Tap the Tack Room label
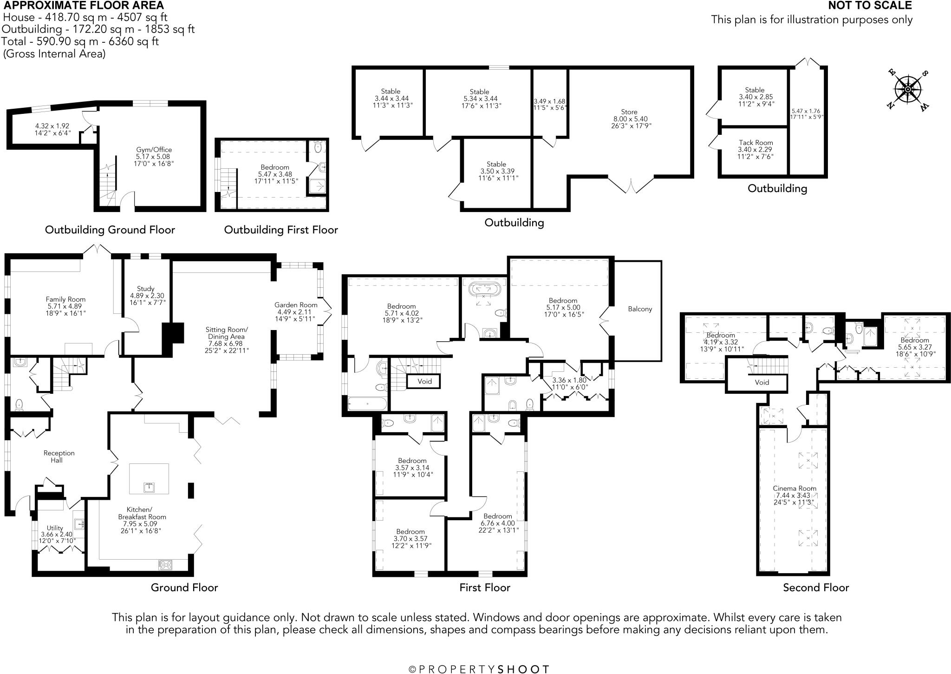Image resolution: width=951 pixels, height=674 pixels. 756,143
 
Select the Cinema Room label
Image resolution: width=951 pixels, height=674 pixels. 794,488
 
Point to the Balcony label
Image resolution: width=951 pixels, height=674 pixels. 640,309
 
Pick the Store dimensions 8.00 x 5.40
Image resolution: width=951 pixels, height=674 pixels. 629,119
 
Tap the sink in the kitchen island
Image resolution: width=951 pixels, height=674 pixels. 149,487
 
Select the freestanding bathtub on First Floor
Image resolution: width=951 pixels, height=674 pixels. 484,289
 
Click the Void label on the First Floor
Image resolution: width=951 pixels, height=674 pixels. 424,381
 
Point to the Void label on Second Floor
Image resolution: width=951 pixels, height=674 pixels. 762,382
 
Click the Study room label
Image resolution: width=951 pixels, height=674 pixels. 146,289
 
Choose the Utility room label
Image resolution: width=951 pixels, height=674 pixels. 55,528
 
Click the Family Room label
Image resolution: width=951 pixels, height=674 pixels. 65,299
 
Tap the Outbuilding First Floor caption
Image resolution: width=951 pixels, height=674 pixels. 281,230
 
